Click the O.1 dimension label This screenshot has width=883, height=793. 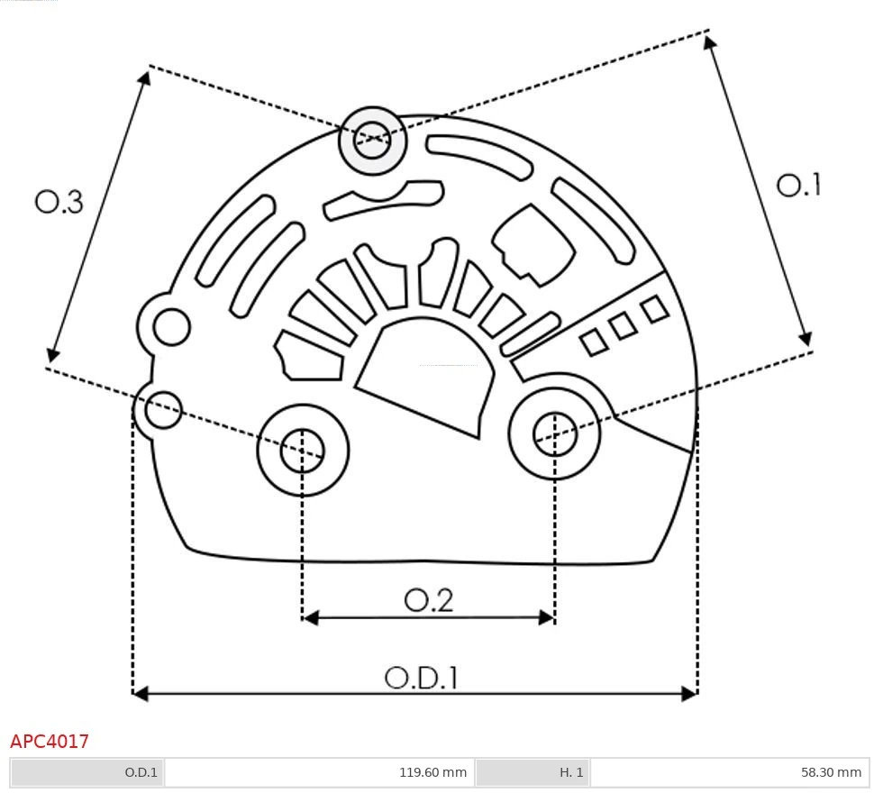[798, 186]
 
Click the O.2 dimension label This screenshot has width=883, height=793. [428, 600]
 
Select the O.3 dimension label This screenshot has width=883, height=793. [59, 202]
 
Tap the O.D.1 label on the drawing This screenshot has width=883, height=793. [421, 678]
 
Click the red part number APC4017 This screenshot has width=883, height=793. [50, 742]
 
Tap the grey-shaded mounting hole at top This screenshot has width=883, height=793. [372, 140]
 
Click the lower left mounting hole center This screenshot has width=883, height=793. [303, 451]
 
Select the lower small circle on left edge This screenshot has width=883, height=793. [163, 411]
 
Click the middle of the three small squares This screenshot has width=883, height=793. [624, 325]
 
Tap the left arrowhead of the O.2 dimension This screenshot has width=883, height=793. [310, 617]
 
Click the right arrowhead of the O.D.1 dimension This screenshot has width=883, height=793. [691, 693]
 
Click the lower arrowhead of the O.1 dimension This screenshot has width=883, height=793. [806, 339]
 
